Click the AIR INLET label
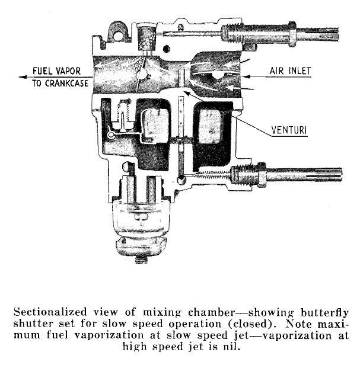point(290,71)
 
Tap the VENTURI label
point(289,130)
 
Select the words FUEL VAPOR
point(56,71)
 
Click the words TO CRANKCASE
point(60,84)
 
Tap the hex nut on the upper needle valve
point(292,34)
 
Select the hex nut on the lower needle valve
point(262,175)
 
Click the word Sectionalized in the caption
point(50,312)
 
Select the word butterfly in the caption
point(324,312)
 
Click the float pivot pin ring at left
point(110,135)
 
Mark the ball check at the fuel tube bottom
point(181,180)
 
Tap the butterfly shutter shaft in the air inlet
point(218,74)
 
